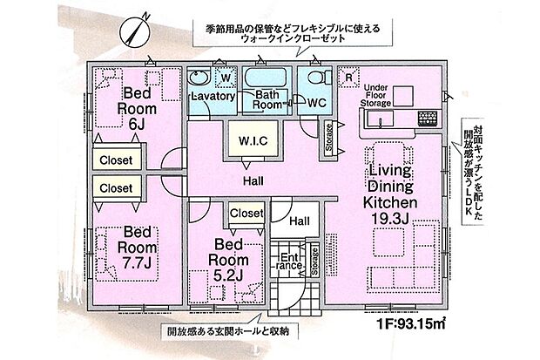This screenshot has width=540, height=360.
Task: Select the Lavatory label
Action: point(212,97)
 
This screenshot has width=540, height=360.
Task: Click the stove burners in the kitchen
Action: point(427,117)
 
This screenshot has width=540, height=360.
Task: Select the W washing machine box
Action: point(226,78)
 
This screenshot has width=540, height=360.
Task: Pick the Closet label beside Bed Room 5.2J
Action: point(246,212)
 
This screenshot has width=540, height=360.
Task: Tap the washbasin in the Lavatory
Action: point(198,76)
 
